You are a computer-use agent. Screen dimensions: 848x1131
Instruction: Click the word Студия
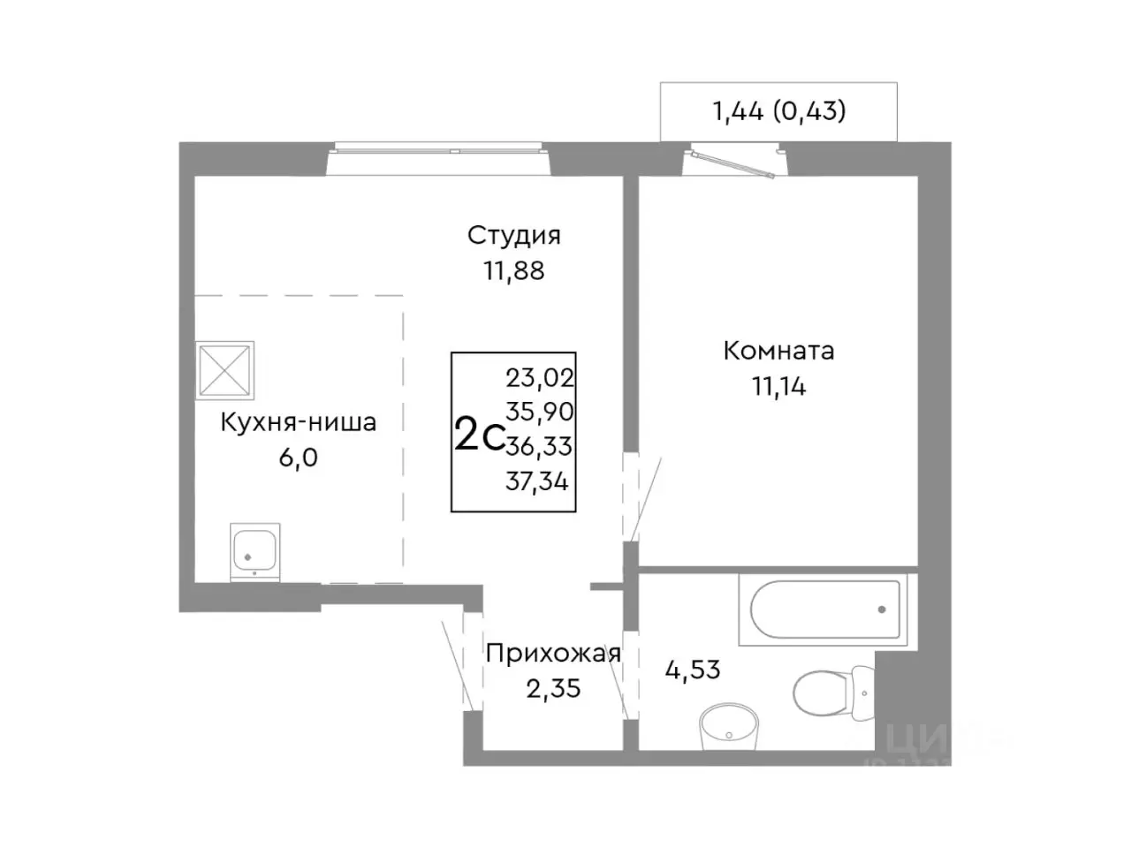click(513, 236)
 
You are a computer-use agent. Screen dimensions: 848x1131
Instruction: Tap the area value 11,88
click(513, 270)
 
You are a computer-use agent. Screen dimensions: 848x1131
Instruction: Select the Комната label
click(778, 351)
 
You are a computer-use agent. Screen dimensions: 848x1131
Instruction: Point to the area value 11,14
click(778, 386)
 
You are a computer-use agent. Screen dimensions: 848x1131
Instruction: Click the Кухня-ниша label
click(298, 422)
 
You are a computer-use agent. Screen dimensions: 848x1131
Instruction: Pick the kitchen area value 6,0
click(298, 458)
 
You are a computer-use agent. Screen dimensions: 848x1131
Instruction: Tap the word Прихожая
click(553, 654)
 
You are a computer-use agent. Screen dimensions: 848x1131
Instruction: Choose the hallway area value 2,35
click(553, 688)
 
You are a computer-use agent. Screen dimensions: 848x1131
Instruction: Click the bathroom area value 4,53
click(692, 670)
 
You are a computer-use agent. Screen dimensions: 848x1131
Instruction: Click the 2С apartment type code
click(478, 435)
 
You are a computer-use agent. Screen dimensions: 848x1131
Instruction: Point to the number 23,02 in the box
click(539, 378)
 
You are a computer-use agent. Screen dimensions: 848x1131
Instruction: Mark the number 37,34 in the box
click(537, 482)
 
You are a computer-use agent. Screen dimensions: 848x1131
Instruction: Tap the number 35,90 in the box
click(539, 413)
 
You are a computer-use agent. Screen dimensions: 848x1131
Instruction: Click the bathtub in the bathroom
click(824, 609)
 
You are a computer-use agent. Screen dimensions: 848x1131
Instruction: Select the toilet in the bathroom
click(831, 690)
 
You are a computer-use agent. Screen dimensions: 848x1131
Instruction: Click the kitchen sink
click(254, 550)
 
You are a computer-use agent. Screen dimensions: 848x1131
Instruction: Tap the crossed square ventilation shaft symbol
click(224, 369)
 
